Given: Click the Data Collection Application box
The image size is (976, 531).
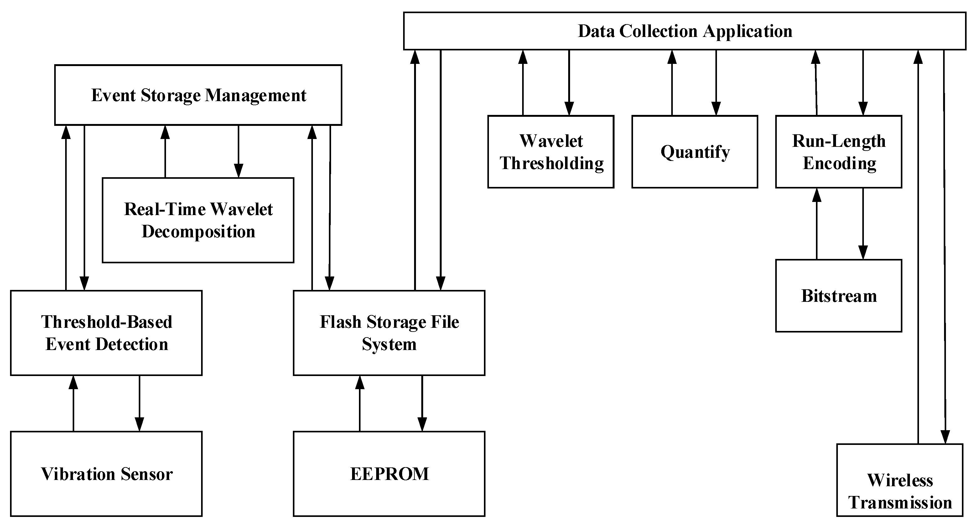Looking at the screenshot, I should [x=684, y=31].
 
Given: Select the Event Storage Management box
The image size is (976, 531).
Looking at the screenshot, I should [x=198, y=95].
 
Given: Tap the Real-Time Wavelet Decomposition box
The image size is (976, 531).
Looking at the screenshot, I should [x=198, y=220].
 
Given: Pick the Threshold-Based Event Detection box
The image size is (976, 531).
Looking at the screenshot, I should [x=106, y=333].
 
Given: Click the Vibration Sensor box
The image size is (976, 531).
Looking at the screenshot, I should [x=106, y=474].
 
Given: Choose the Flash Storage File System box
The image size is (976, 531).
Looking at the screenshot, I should [x=389, y=333].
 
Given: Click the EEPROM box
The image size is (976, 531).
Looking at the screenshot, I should [x=389, y=474].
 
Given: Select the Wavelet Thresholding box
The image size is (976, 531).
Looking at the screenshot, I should [x=551, y=152].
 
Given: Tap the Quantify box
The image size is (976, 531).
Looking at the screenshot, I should [x=694, y=152].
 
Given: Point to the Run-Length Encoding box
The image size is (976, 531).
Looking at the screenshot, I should [x=838, y=152].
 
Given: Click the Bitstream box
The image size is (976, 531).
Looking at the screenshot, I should [x=838, y=296].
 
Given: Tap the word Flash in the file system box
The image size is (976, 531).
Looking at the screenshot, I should [x=340, y=322].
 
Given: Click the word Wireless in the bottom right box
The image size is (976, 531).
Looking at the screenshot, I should [x=900, y=480].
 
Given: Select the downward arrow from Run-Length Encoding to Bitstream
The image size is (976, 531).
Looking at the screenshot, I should [x=863, y=224].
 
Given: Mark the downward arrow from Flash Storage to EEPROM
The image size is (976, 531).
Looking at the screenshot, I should [x=422, y=403].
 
